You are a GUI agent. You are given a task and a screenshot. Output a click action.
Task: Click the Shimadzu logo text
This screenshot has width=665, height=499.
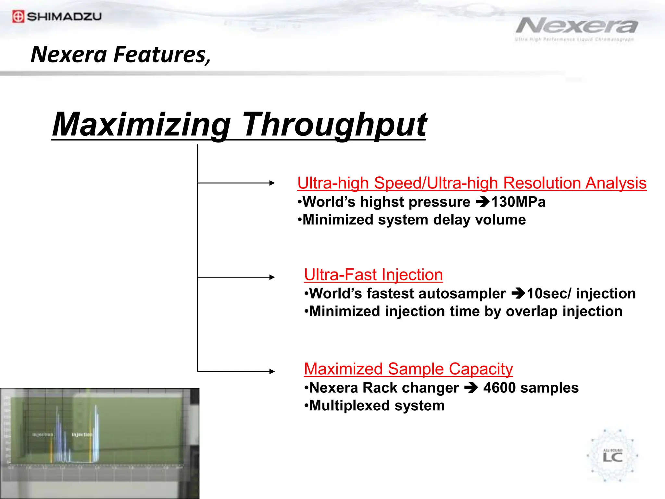[64, 17]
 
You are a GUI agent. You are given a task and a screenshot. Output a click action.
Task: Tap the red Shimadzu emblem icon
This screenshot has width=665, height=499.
[18, 17]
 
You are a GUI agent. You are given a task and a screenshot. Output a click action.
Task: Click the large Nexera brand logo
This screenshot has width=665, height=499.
[577, 26]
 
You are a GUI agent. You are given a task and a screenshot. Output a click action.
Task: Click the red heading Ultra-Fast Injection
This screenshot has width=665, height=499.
[373, 275]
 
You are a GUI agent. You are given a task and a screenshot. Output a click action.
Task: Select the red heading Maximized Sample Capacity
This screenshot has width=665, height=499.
[408, 369]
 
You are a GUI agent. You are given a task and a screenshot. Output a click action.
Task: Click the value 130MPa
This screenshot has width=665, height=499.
[518, 202]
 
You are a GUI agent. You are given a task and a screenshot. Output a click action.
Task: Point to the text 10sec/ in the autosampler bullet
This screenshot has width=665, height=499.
[549, 294]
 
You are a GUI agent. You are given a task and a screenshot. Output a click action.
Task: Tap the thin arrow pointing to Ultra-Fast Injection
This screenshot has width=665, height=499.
[236, 277]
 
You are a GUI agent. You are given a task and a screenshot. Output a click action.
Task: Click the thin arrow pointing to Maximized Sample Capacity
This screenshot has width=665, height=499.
[236, 371]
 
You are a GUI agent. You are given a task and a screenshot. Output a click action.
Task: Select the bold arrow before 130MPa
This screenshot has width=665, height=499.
[483, 202]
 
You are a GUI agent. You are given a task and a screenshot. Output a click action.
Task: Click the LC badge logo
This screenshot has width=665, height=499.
[612, 456]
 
